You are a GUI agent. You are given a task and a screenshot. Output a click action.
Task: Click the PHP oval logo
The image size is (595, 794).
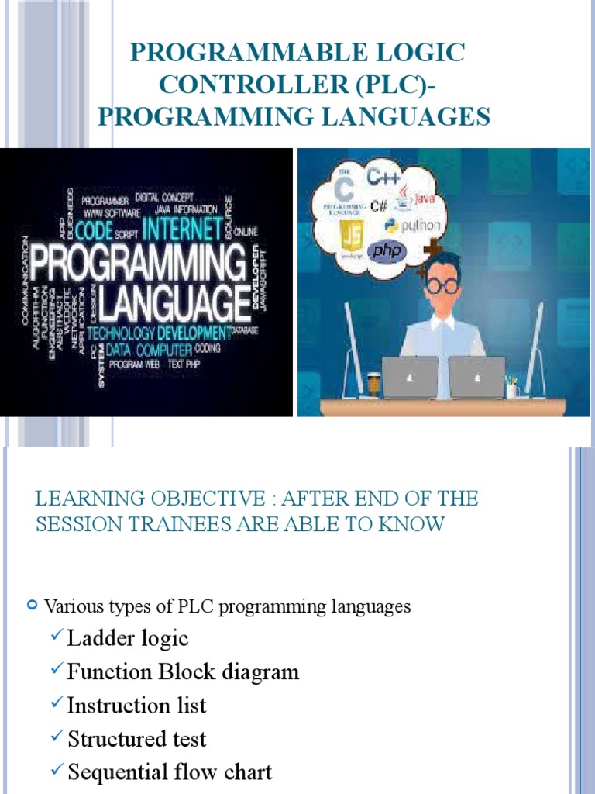coord(386,252)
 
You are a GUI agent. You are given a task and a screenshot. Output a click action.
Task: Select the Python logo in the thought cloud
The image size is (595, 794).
coord(411,226)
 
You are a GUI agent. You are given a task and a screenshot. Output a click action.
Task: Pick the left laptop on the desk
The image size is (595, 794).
coord(410,377)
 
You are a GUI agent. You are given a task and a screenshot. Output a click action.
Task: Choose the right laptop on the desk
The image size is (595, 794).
coord(477,377)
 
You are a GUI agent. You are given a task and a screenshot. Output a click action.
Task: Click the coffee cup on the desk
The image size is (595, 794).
coord(374,385)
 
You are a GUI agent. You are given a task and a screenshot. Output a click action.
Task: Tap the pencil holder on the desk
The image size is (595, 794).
coord(512,388)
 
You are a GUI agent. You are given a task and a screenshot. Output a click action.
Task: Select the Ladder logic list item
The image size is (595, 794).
coord(128,639)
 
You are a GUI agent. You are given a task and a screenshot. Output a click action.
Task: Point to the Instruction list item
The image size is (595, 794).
coord(137,706)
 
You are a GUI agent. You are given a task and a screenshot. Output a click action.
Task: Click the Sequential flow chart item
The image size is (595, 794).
coord(170,772)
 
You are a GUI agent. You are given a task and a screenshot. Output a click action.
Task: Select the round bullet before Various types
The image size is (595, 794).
coord(33,604)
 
